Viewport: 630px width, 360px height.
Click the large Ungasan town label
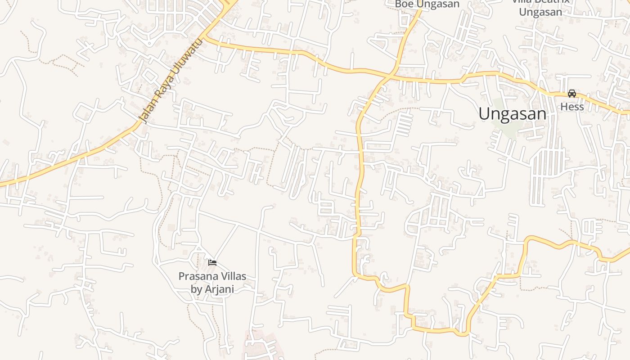pos(512,113)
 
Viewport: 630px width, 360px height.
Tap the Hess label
pos(572,107)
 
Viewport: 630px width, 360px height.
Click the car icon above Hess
pos(572,94)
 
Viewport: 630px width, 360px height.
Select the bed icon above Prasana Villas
pos(212,262)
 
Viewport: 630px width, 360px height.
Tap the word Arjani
pos(220,289)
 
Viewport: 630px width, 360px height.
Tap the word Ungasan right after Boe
pos(438,4)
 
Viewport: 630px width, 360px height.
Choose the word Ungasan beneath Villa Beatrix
pos(540,12)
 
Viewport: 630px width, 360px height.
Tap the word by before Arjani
pos(197,289)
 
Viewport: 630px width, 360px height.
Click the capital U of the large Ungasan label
pos(484,113)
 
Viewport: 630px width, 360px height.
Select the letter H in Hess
pos(563,107)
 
